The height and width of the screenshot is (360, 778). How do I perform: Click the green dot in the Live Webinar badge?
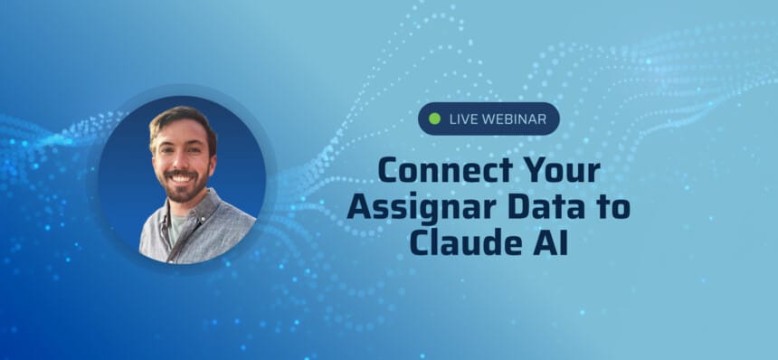[434, 118]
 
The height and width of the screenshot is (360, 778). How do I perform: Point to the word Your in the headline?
[562, 171]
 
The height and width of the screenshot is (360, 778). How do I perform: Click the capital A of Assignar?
[359, 207]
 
